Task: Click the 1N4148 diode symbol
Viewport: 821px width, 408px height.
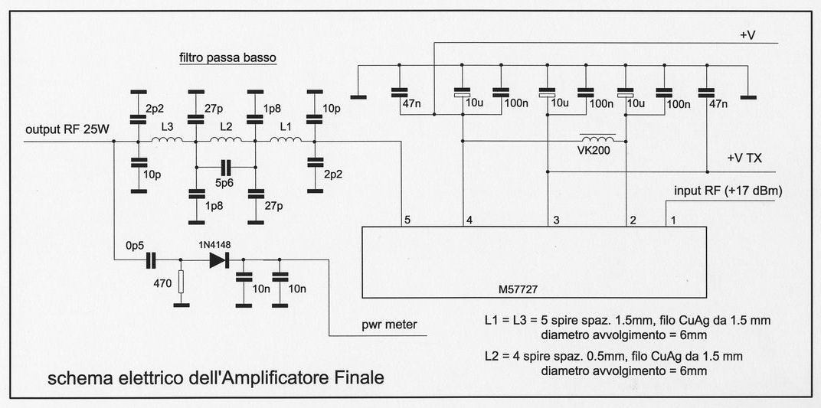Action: [x=220, y=260]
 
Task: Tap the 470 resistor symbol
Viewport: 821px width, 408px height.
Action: [x=182, y=282]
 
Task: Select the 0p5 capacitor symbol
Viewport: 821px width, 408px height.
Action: [x=151, y=260]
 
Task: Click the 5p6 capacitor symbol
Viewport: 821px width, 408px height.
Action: [x=225, y=166]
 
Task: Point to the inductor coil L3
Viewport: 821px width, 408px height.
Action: [x=166, y=140]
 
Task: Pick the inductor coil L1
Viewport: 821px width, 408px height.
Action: [x=284, y=140]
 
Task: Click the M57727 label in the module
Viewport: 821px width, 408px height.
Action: [x=518, y=290]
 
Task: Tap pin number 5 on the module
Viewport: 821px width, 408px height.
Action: [x=408, y=220]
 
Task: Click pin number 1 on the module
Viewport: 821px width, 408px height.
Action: [x=674, y=220]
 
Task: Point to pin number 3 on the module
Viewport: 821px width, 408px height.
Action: [x=556, y=220]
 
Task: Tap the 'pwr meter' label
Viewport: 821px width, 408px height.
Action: [x=391, y=325]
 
